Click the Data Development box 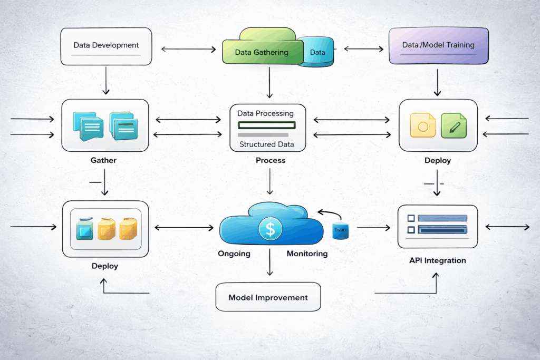click(107, 46)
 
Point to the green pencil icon click(454, 127)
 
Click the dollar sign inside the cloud click(271, 229)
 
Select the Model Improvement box click(268, 297)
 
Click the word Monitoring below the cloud click(307, 254)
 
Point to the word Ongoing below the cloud click(234, 254)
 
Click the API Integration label click(438, 260)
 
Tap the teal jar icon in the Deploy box click(84, 228)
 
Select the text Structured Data click(266, 144)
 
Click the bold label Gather click(103, 160)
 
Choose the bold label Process click(270, 160)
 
